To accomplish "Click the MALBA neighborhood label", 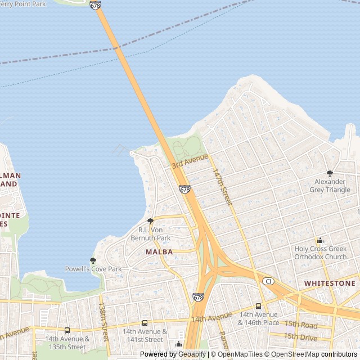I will click(x=159, y=252).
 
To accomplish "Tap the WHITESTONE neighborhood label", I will click(x=330, y=283).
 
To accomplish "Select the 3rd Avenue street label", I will click(x=190, y=161).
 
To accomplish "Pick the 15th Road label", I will click(x=300, y=325).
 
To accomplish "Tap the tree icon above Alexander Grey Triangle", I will click(x=330, y=173).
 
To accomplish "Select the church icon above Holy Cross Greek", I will click(x=320, y=240).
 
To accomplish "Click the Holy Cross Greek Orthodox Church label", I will click(x=321, y=253).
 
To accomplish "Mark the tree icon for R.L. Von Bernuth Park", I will click(x=150, y=222).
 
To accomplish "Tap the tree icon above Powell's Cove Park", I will click(x=93, y=260).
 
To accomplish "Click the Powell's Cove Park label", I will click(x=93, y=269).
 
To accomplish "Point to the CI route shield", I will click(x=269, y=281).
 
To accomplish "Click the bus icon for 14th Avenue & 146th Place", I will click(x=258, y=307).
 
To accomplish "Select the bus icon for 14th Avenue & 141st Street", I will click(x=145, y=323).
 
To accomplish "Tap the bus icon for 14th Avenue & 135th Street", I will click(x=67, y=331).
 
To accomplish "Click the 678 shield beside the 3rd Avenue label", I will click(x=185, y=190).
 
